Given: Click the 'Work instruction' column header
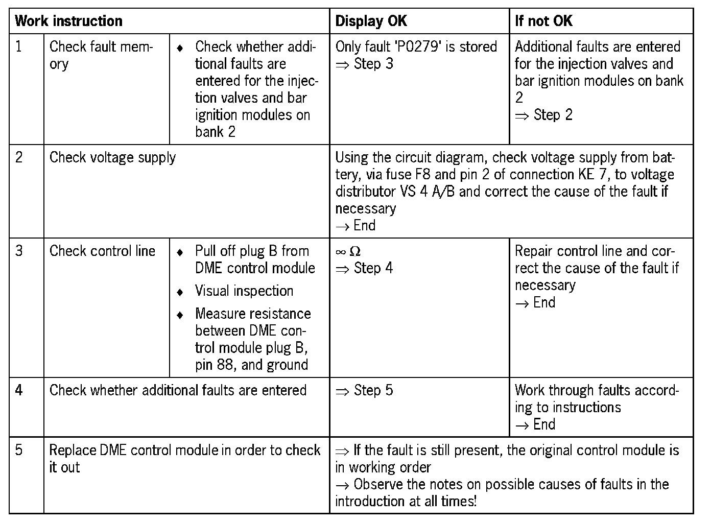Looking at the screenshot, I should click(x=69, y=21).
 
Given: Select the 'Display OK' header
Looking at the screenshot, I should click(x=371, y=21).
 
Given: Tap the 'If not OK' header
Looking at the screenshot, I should click(x=543, y=21).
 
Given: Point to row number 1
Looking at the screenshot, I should click(x=19, y=46).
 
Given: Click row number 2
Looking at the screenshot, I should click(x=19, y=157).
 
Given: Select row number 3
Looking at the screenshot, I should click(x=19, y=251).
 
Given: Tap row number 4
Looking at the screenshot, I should click(x=19, y=390).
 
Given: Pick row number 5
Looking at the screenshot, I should click(x=19, y=450).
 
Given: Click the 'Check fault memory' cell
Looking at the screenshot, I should click(x=101, y=55).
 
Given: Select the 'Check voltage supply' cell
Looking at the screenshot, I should click(x=112, y=157).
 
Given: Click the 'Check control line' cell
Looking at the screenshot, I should click(x=102, y=251).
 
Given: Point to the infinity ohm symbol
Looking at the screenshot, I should click(x=348, y=251).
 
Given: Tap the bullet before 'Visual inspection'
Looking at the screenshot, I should click(x=180, y=292).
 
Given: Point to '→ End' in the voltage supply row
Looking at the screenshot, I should click(x=355, y=225).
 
